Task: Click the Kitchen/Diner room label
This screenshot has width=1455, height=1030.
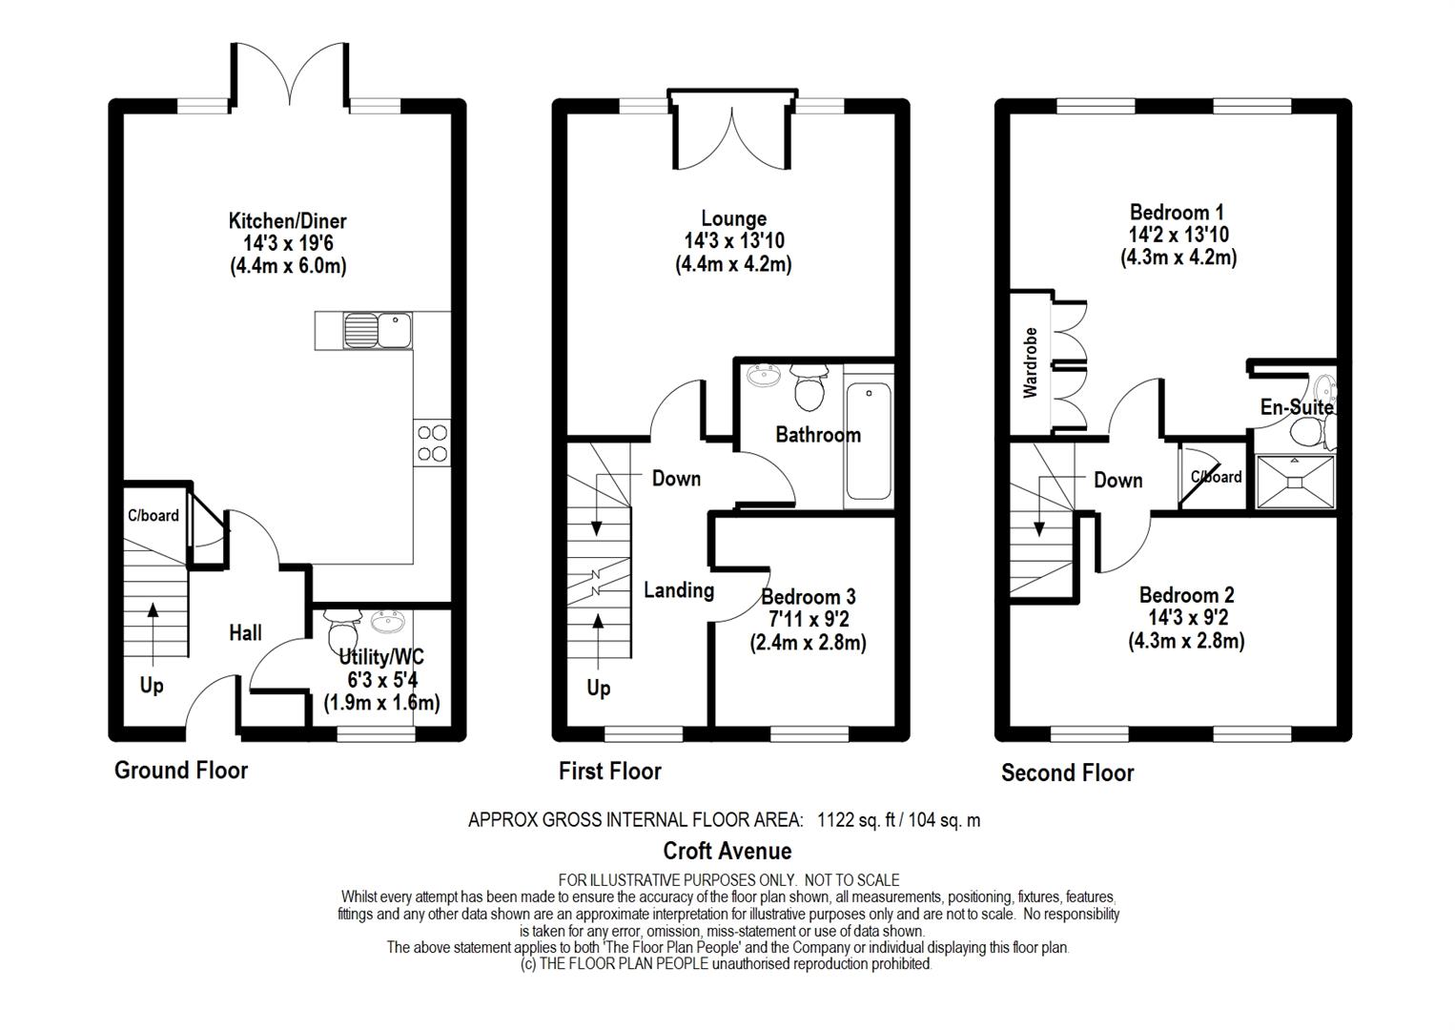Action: point(288,221)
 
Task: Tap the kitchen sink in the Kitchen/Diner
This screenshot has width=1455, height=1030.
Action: point(378,330)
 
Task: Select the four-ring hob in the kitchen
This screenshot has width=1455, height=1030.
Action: point(432,443)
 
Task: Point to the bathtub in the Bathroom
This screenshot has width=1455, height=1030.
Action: point(869,442)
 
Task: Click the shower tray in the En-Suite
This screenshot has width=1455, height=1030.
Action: point(1295,482)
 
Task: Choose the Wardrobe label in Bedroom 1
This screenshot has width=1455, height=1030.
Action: point(1030,362)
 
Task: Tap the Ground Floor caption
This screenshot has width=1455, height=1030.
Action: point(181,770)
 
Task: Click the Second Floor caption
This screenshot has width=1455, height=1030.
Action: point(1067,772)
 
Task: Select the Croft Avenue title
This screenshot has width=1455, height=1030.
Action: point(727,851)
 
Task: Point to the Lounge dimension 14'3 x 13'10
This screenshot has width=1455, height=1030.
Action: point(734,241)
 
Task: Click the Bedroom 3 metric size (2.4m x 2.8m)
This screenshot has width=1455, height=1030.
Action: point(808,643)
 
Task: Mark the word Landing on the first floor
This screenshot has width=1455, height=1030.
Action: point(679,590)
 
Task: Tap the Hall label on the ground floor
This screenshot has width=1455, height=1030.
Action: point(246,632)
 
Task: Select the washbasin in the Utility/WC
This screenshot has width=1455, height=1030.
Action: point(388,621)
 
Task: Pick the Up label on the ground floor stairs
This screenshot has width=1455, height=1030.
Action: point(152,686)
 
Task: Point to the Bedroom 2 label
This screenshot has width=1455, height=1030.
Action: point(1187,594)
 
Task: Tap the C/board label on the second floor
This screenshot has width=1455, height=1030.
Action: point(1216,476)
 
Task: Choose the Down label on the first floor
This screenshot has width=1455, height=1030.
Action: point(676,479)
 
